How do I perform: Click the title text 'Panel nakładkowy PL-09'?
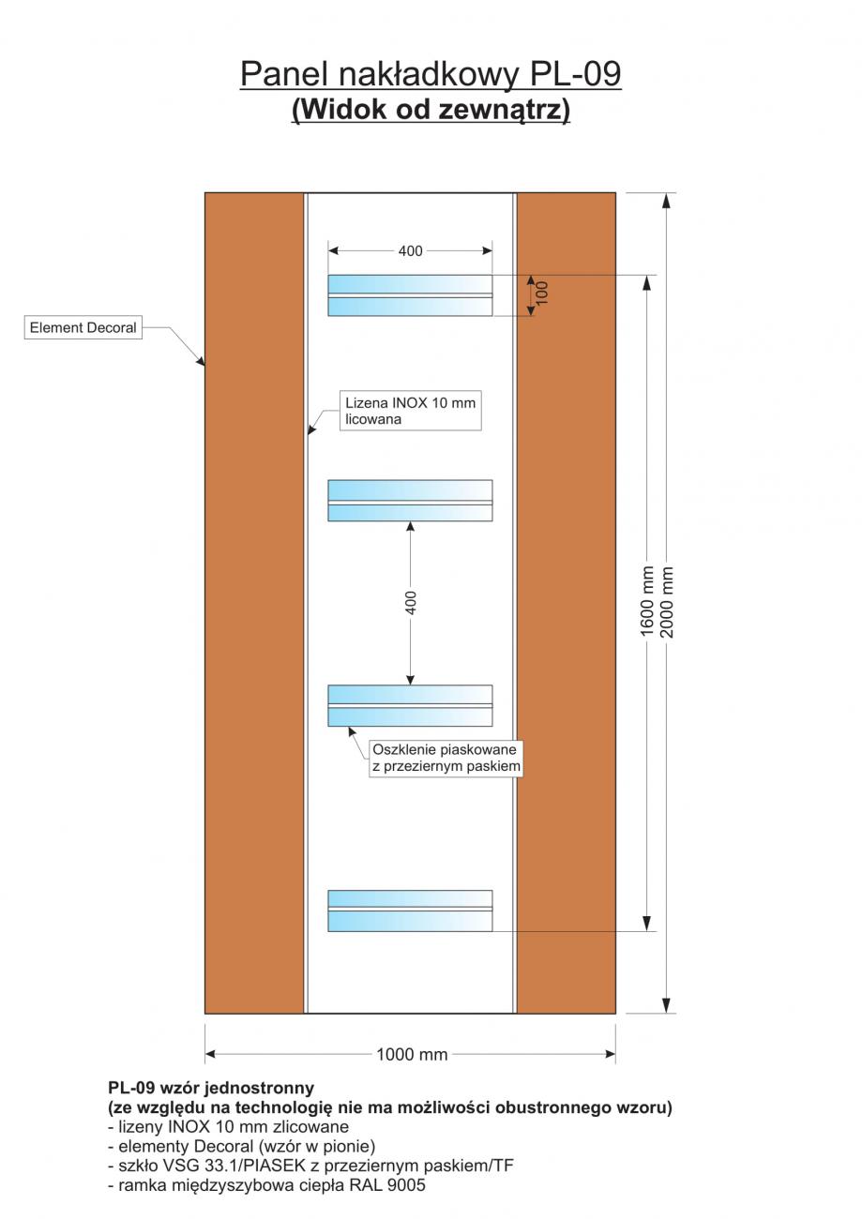[431, 73]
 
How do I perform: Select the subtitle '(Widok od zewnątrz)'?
[431, 110]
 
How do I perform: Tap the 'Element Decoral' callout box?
[83, 328]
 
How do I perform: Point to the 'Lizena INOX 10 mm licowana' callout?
[410, 412]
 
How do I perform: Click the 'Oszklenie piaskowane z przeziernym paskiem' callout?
[445, 759]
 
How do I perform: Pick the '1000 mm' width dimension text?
[412, 1055]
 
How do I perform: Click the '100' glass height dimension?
[542, 293]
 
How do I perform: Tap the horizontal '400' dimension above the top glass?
[411, 251]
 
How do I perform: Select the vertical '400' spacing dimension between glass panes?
[411, 602]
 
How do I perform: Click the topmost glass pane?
[410, 295]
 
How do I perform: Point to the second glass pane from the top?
[410, 501]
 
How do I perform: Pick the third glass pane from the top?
[410, 705]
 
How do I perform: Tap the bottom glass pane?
[410, 910]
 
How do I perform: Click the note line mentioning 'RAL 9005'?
[267, 1185]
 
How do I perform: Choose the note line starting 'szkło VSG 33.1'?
[310, 1166]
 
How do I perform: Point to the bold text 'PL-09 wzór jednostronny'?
[211, 1089]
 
